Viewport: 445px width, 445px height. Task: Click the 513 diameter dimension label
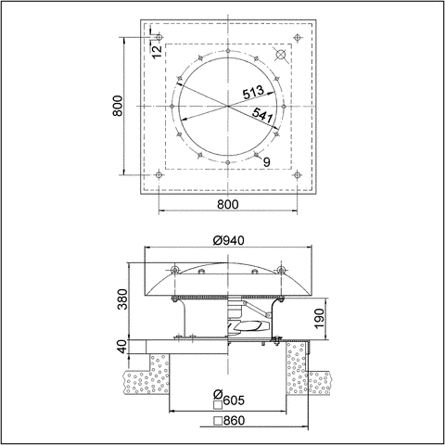254,93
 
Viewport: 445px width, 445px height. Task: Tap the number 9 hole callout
266,162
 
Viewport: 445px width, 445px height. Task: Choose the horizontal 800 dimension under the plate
229,204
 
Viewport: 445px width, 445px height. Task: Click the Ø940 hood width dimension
228,240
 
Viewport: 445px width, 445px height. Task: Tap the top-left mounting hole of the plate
159,38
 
